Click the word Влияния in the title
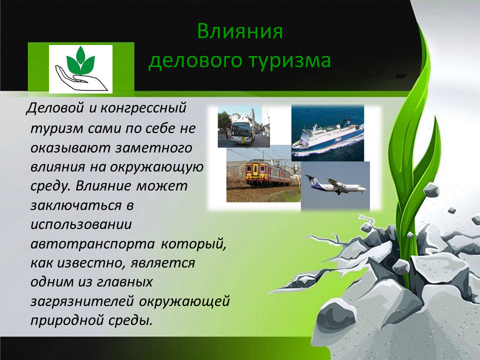[x=240, y=32]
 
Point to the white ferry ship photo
[x=327, y=132]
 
